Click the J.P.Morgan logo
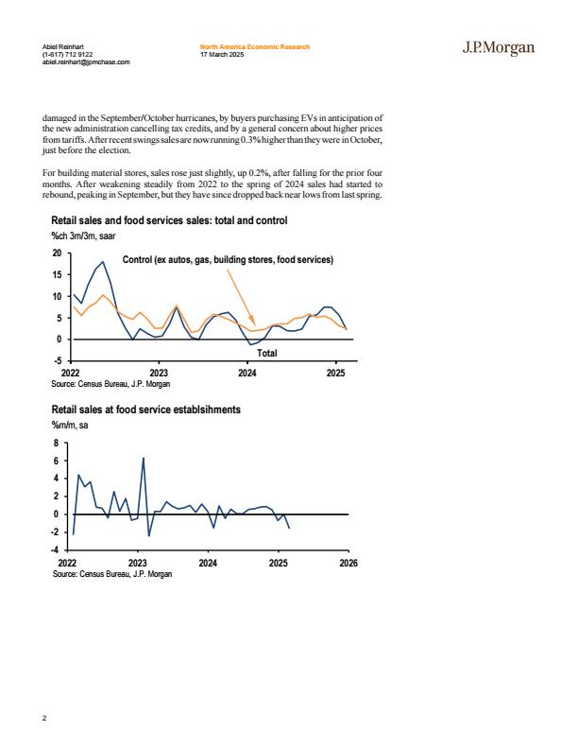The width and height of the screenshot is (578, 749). point(499,48)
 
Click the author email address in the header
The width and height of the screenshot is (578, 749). point(86,62)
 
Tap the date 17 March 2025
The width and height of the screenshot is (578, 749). point(222,55)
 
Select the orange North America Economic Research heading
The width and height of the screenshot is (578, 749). point(255,47)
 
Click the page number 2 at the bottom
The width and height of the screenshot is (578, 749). point(44,718)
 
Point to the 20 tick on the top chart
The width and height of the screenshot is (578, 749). point(58,253)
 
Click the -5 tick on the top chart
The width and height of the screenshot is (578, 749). point(58,361)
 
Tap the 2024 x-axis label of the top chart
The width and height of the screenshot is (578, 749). point(247,373)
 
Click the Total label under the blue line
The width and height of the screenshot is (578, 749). point(267,353)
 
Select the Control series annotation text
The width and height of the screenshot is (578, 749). point(228,259)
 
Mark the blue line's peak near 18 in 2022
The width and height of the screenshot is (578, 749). point(103,262)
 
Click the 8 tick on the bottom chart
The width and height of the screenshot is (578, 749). point(57,444)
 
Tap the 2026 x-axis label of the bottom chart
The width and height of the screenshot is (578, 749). point(348,564)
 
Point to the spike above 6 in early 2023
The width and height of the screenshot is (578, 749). point(144,458)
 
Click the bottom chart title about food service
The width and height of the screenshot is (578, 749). point(146,409)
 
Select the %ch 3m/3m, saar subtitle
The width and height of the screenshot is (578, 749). point(83,236)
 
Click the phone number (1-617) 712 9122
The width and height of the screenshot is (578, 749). point(67,55)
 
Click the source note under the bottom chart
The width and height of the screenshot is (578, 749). point(112,574)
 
